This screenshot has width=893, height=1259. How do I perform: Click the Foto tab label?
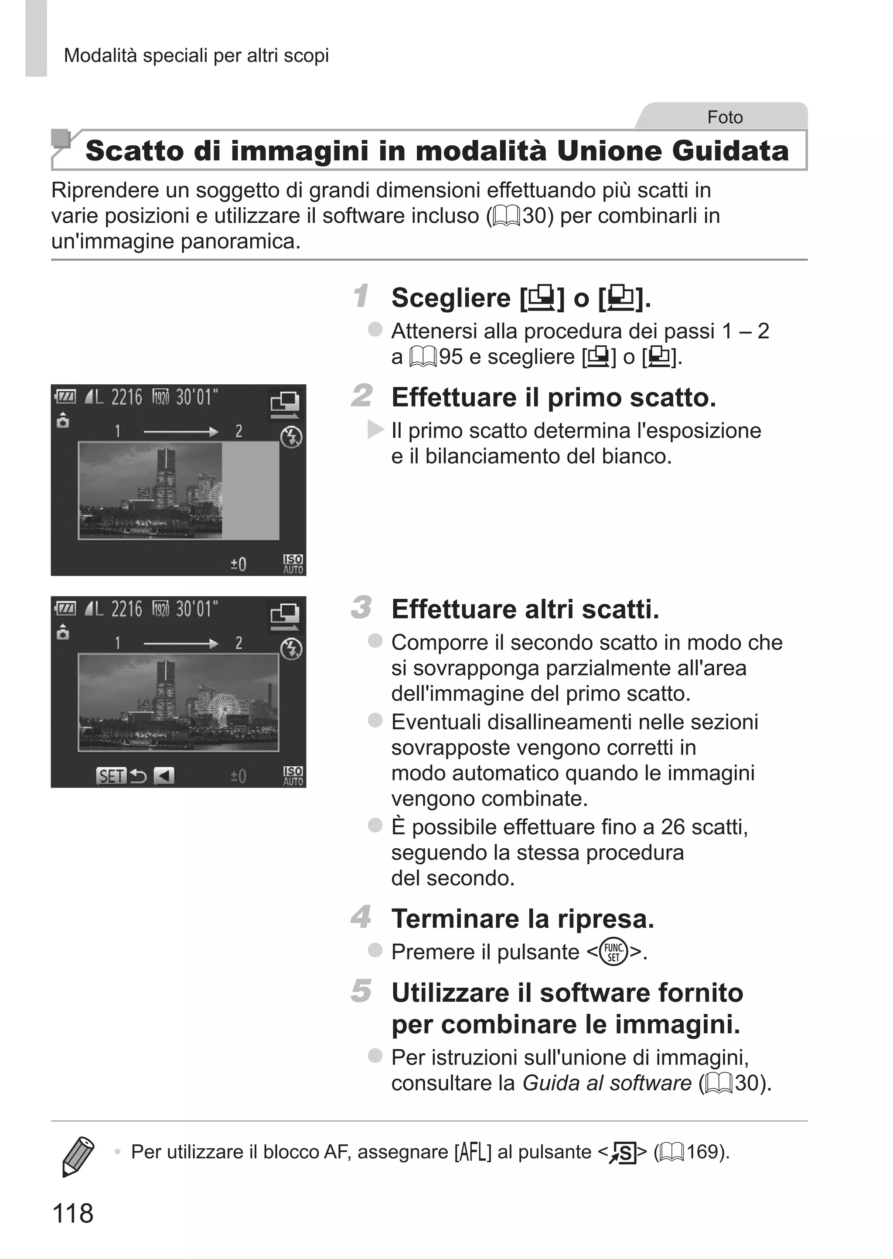(724, 117)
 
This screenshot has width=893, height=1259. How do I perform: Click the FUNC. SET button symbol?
(613, 952)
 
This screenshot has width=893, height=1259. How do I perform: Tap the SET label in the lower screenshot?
(111, 776)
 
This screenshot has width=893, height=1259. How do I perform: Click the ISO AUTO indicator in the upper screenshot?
(293, 564)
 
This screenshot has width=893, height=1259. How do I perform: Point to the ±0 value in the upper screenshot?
(238, 564)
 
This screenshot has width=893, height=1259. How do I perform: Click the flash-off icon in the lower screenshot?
(291, 649)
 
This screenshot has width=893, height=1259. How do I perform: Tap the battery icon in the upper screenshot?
(65, 396)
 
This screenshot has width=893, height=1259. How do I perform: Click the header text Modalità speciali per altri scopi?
(196, 55)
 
